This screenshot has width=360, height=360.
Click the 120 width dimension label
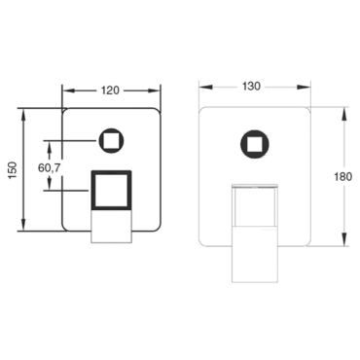pyautogui.click(x=110, y=90)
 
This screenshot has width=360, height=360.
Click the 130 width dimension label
pyautogui.click(x=251, y=87)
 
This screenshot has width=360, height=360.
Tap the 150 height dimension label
pyautogui.click(x=12, y=170)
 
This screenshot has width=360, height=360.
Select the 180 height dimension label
pyautogui.click(x=342, y=177)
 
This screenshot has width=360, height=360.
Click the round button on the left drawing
pyautogui.click(x=111, y=141)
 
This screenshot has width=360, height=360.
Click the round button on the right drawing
pyautogui.click(x=255, y=144)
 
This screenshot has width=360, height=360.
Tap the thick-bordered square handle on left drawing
pyautogui.click(x=112, y=190)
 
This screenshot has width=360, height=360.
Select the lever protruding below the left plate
pyautogui.click(x=112, y=226)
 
